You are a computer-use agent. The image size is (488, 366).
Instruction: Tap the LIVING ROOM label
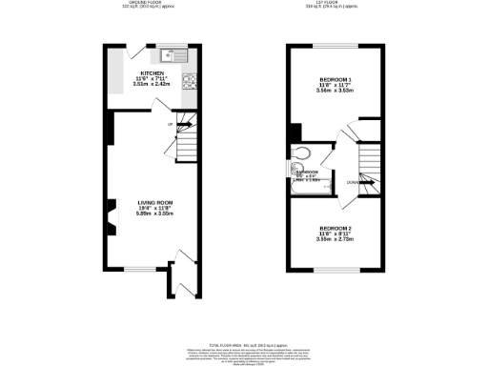point(154,202)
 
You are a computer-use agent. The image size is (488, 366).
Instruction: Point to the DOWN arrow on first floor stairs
point(355,181)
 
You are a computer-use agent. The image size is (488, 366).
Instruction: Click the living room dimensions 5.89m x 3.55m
point(154,214)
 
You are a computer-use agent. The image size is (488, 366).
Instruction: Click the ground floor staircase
point(187,143)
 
